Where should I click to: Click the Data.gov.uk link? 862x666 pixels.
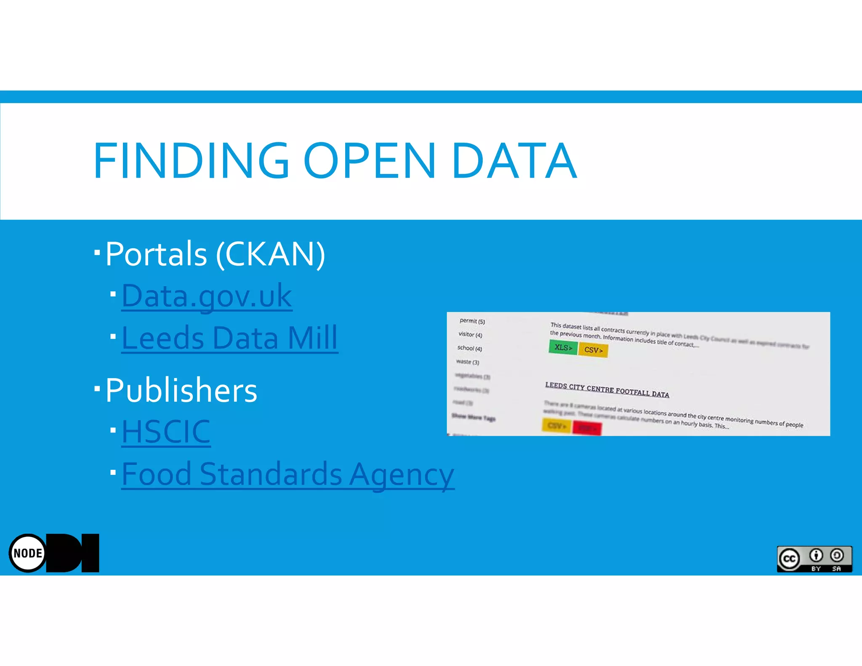coord(207,296)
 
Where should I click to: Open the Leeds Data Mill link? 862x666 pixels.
coord(229,338)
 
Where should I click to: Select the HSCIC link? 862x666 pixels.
coord(166,432)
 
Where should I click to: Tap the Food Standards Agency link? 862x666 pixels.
coord(288,474)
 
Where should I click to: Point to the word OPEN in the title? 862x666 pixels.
coord(370,161)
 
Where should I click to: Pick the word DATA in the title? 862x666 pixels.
coord(514,161)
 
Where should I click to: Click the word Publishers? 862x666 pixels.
coord(181,390)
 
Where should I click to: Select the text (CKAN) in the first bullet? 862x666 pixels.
coord(271,254)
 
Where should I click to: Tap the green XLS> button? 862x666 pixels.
coord(563,348)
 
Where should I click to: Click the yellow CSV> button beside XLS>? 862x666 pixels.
coord(593,350)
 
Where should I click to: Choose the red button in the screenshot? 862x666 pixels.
coord(587,429)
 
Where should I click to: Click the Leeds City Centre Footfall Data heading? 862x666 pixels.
coord(607,390)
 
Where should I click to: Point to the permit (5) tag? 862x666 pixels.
coord(472,321)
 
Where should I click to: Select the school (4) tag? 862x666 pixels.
coord(469,348)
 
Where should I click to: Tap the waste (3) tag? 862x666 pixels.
coord(468,362)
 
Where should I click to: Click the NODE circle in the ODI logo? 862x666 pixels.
coord(28,553)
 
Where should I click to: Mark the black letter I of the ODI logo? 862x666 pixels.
coord(90,553)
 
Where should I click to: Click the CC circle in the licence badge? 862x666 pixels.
coord(789,559)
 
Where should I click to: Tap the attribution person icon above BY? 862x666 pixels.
coord(816,556)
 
